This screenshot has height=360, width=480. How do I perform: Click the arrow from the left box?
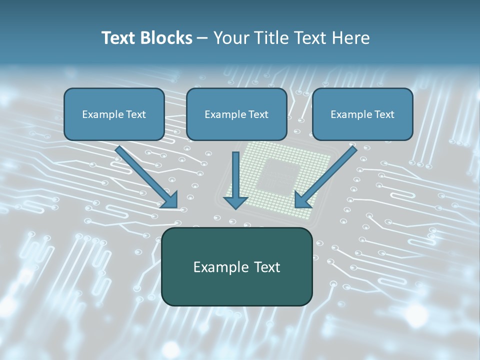coord(145,175)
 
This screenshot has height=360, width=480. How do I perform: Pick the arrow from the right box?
coord(327,175)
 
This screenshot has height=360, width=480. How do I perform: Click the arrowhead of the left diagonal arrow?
coord(170,200)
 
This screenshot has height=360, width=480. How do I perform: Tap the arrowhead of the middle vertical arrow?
coord(235,202)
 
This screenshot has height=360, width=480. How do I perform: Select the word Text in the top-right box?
coord(384,114)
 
